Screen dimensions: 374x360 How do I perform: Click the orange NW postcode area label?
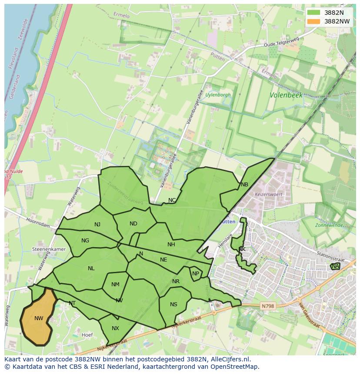pyautogui.click(x=39, y=318)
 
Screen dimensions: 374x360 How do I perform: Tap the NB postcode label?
pyautogui.click(x=244, y=185)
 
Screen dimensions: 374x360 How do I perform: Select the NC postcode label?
pyautogui.click(x=172, y=200)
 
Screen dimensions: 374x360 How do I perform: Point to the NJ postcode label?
pyautogui.click(x=97, y=225)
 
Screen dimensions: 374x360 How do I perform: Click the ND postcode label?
pyautogui.click(x=133, y=224)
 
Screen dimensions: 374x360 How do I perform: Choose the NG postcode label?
pyautogui.click(x=85, y=241)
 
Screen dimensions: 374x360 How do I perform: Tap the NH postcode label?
pyautogui.click(x=171, y=245)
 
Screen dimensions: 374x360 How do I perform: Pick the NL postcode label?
pyautogui.click(x=91, y=268)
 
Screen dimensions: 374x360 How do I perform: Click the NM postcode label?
pyautogui.click(x=115, y=285)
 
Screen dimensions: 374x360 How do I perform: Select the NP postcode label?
pyautogui.click(x=196, y=274)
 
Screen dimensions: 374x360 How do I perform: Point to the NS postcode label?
pyautogui.click(x=173, y=304)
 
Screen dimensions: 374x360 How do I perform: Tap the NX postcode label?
pyautogui.click(x=115, y=328)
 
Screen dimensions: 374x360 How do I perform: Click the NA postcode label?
pyautogui.click(x=335, y=266)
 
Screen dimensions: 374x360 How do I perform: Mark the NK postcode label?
pyautogui.click(x=242, y=249)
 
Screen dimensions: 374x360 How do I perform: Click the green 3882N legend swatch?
pyautogui.click(x=313, y=13)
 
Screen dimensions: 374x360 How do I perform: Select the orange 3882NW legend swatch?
pyautogui.click(x=313, y=21)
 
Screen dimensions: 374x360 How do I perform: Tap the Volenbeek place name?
pyautogui.click(x=286, y=95)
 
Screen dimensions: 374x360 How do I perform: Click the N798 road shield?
pyautogui.click(x=268, y=306)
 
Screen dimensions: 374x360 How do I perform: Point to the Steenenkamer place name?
pyautogui.click(x=49, y=250)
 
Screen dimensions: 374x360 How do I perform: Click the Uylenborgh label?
pyautogui.click(x=218, y=95)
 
